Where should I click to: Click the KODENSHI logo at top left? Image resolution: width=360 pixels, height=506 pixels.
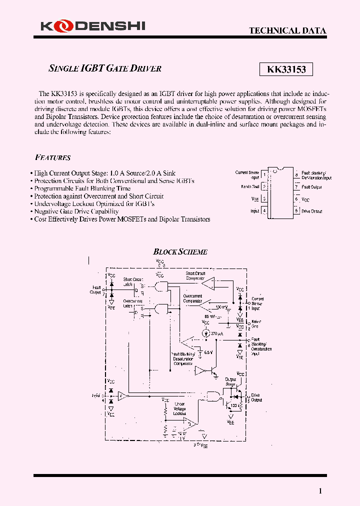90,25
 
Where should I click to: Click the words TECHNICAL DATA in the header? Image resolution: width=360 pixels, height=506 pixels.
287,30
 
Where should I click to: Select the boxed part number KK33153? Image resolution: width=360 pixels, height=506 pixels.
286,69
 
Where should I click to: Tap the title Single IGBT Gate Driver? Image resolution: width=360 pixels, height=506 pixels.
105,68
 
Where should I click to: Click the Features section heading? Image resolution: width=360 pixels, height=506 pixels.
53,157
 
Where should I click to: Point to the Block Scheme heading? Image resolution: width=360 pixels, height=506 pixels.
180,252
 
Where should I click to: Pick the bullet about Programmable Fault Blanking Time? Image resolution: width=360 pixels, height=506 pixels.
82,188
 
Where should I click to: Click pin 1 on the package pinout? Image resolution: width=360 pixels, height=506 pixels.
264,174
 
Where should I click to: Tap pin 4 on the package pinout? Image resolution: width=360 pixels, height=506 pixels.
264,211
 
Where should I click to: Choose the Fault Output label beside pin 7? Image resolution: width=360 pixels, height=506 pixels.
312,187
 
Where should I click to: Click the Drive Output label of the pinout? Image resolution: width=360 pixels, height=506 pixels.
312,211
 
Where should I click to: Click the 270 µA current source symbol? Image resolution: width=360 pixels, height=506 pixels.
205,333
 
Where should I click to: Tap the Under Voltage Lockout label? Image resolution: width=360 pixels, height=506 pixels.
179,408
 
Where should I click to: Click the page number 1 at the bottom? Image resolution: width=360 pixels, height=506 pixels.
320,491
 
